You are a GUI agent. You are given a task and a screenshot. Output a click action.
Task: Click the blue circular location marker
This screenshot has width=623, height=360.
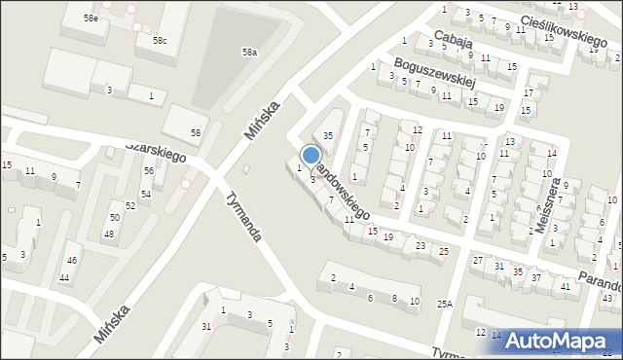(311, 155)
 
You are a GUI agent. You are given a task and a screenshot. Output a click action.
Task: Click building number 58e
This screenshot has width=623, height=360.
(91, 18)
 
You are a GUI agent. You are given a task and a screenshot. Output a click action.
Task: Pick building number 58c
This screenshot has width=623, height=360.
(159, 40)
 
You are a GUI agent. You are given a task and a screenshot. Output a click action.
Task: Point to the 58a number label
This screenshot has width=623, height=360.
(250, 52)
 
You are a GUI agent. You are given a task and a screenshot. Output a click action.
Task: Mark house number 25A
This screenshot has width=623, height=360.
(444, 305)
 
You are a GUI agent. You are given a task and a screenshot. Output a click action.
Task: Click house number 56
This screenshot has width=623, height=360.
(148, 170)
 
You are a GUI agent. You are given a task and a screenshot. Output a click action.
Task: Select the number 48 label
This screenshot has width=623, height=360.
(109, 234)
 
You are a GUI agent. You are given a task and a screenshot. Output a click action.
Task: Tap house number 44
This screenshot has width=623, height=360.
(64, 278)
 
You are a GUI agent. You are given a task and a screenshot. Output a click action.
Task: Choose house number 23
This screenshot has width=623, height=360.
(420, 245)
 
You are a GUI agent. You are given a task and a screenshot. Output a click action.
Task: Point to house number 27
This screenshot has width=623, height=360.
(477, 260)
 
